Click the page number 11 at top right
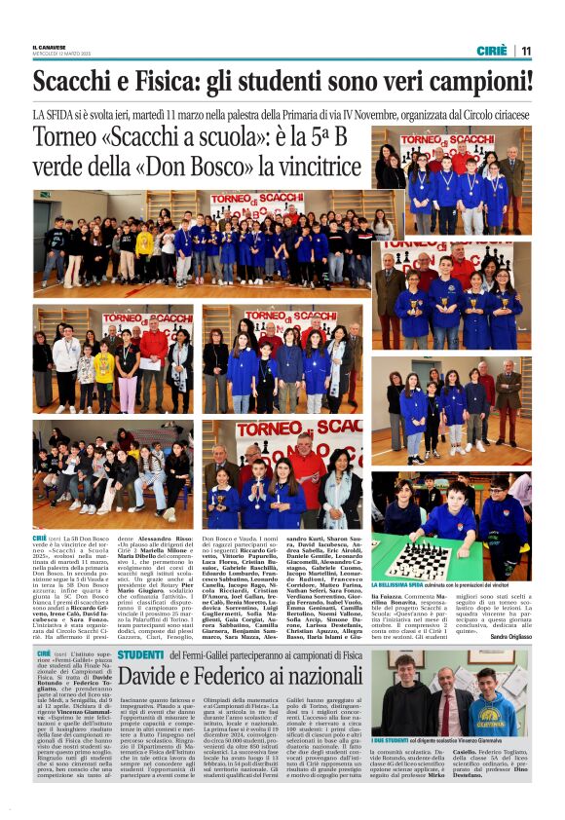pos(525,51)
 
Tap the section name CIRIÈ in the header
pos(491,51)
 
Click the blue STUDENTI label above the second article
pos(141,655)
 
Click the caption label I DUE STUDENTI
pos(390,742)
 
